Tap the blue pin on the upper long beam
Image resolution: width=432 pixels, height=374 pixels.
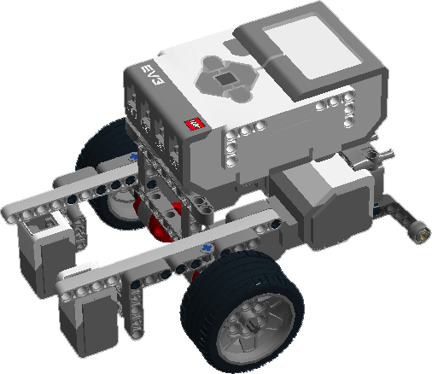pyautogui.click(x=134, y=158)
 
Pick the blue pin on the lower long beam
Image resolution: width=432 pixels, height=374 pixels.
pyautogui.click(x=207, y=248)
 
